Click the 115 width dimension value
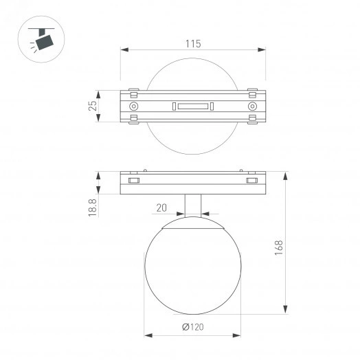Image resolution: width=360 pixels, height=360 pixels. coord(193,44)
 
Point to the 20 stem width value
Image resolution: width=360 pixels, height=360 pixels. coord(162,207)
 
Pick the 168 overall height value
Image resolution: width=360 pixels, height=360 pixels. coord(279,247)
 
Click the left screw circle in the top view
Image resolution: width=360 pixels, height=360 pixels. coord(133,106)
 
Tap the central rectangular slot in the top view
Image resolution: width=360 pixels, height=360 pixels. coord(193,106)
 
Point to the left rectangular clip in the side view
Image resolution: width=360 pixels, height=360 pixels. coord(133,180)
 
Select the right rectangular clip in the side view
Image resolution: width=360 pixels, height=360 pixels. coord(253,180)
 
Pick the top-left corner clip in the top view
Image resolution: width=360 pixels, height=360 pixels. coord(133,91)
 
